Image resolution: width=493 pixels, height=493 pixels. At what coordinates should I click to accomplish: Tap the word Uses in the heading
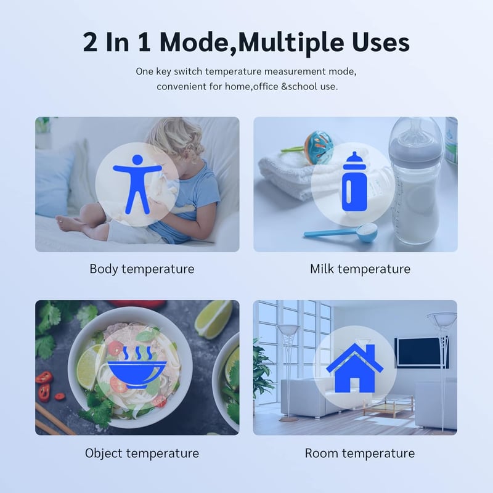click(x=380, y=43)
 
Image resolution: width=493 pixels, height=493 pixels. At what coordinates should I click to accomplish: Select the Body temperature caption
click(x=142, y=269)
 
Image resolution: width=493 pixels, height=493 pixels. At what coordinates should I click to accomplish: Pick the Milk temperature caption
click(x=360, y=269)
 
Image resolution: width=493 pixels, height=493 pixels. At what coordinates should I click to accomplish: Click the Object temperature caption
click(x=142, y=454)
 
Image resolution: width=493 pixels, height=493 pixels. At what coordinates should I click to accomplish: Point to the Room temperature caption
click(x=360, y=454)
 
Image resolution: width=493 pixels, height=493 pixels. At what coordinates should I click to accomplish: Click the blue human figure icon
click(x=137, y=184)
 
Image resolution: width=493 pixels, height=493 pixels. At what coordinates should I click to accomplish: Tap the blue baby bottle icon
click(x=354, y=181)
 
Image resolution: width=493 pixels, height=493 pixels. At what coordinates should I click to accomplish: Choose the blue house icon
click(x=355, y=368)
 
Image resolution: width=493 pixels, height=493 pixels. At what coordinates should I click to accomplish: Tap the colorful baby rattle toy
click(x=318, y=146)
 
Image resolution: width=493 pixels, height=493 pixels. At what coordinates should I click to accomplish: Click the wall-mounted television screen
click(x=422, y=352)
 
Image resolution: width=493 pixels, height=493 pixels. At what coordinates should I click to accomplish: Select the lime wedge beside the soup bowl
click(x=214, y=319)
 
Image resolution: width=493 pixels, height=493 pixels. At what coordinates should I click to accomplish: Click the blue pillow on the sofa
click(x=54, y=183)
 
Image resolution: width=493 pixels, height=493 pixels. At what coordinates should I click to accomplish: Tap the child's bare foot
click(x=68, y=224)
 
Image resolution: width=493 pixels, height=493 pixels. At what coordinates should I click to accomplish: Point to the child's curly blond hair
click(x=175, y=138)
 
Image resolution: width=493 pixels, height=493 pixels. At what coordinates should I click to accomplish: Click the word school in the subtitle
click(x=303, y=86)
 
